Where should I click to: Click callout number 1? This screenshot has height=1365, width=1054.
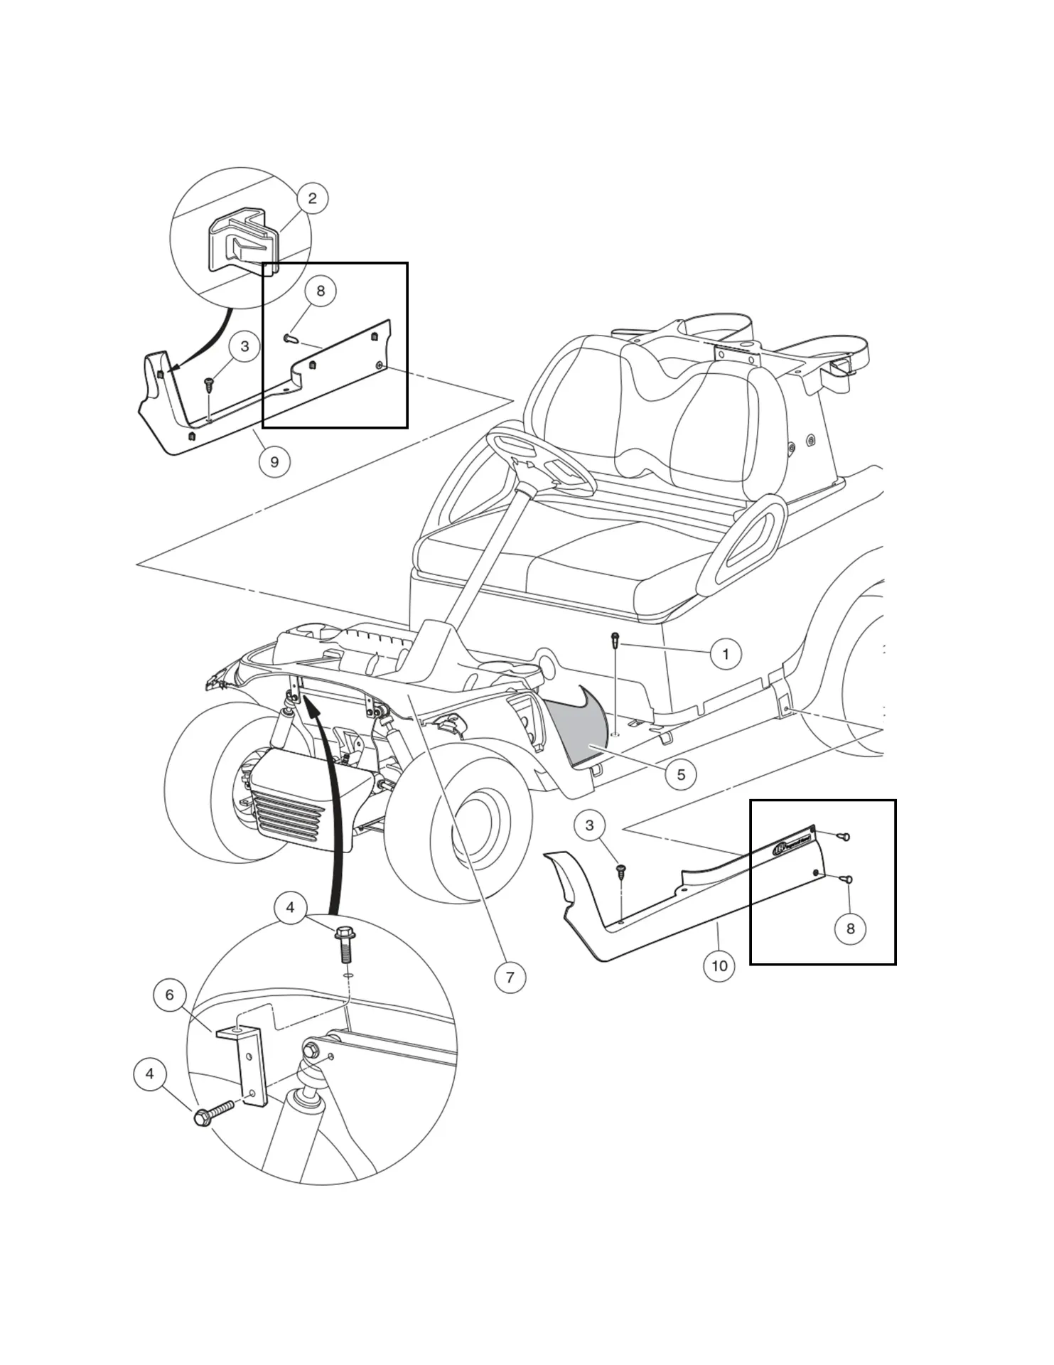[x=725, y=654]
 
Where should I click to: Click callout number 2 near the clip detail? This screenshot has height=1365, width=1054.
[x=312, y=198]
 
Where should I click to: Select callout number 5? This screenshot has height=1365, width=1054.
[x=680, y=774]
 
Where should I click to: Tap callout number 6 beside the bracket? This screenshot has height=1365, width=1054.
[x=169, y=995]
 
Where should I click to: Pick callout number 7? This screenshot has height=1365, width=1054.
[x=510, y=977]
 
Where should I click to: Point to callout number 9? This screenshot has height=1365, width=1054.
[x=274, y=461]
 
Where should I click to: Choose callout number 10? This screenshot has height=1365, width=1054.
[x=719, y=965]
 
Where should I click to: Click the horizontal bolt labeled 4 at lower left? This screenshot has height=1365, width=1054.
[x=213, y=1113]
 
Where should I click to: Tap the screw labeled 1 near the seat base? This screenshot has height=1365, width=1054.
[x=615, y=640]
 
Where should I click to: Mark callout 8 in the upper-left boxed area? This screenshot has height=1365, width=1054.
[x=320, y=291]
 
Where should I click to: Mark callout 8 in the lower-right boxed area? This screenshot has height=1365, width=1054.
[x=850, y=928]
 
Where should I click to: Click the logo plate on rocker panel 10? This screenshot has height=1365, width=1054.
[x=792, y=842]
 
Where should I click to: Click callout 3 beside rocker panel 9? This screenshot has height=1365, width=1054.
[x=244, y=347]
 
